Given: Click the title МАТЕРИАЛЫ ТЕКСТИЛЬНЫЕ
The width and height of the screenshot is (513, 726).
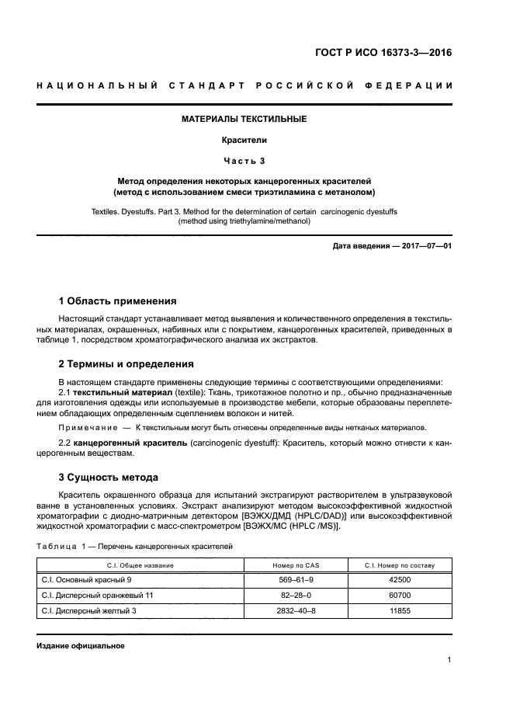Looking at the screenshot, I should (x=244, y=120).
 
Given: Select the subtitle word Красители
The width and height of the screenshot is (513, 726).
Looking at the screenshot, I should (x=244, y=141).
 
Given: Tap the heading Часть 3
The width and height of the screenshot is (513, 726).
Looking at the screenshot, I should (x=244, y=161).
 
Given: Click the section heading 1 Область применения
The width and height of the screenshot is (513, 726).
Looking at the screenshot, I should (x=117, y=300).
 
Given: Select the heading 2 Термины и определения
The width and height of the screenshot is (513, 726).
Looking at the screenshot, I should (x=127, y=363).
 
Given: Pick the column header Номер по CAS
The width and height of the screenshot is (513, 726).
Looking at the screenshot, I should (x=295, y=565).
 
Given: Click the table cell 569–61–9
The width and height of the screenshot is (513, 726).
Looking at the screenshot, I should (x=295, y=579).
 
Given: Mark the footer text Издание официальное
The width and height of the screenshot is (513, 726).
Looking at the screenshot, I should (x=81, y=645).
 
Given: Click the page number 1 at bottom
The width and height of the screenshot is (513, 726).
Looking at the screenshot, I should (x=449, y=660).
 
